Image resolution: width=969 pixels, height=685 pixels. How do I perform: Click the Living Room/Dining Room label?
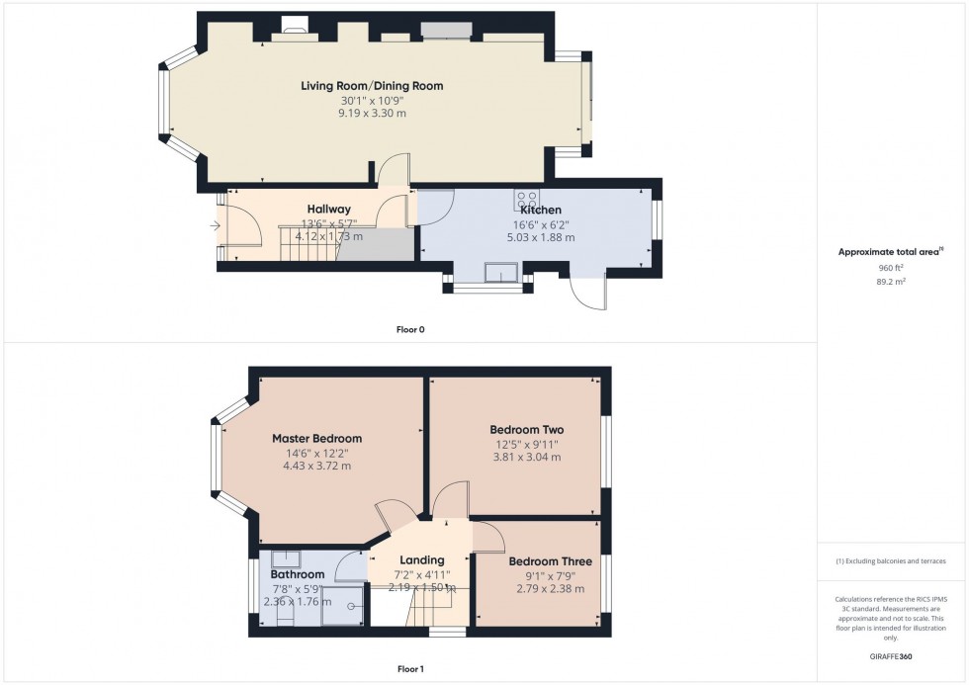(372, 86)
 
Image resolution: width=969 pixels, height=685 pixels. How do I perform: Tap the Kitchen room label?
(541, 211)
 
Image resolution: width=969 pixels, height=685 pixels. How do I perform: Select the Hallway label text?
(328, 210)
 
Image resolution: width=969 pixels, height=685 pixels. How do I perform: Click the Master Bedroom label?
(316, 439)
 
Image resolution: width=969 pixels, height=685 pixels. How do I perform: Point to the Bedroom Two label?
(527, 430)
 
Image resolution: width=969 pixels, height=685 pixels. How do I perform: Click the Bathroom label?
(297, 575)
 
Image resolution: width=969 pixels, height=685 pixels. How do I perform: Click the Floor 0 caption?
(408, 329)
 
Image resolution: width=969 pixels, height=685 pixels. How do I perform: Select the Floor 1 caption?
(408, 669)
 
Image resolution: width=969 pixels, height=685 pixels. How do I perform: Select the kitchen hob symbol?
(525, 199)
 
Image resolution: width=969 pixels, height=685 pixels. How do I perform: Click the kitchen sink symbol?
(501, 273)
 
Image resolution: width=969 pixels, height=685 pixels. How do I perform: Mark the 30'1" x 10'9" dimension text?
(372, 100)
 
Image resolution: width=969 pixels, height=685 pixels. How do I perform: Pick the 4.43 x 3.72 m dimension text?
(316, 467)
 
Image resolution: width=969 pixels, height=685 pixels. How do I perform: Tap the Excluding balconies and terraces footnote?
(891, 561)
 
